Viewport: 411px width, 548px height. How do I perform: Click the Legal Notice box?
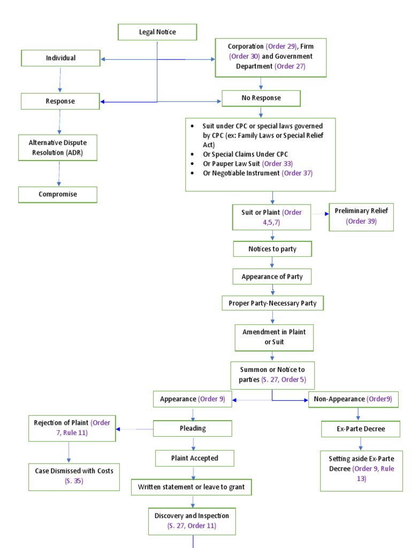(x=157, y=32)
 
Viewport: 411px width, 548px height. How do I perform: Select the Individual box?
(x=60, y=58)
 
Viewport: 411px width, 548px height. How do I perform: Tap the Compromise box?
(x=58, y=194)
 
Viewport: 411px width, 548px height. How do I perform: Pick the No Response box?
(x=261, y=98)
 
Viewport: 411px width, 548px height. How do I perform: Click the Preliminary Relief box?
(x=361, y=216)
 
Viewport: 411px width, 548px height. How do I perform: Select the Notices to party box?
(x=272, y=249)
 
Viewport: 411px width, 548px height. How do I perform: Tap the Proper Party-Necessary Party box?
(x=273, y=303)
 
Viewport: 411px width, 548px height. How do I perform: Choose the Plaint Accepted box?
(x=194, y=458)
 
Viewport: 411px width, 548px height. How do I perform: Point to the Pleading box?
(x=193, y=428)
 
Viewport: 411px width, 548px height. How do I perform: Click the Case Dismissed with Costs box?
(x=74, y=475)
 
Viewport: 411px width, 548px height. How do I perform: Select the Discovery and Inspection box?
(x=192, y=521)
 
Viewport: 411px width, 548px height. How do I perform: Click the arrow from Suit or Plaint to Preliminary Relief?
(x=320, y=214)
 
